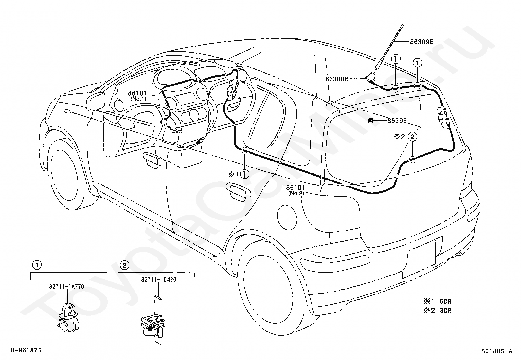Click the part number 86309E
[422, 42]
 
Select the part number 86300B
[337, 79]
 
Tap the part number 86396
[397, 121]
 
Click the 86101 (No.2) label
[296, 190]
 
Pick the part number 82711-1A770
[67, 287]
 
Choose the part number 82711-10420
[159, 280]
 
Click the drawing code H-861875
[26, 350]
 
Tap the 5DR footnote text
[445, 302]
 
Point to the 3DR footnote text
[445, 311]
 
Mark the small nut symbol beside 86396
[370, 121]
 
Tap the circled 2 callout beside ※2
[412, 137]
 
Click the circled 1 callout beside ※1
[244, 174]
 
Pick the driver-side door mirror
[96, 101]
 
